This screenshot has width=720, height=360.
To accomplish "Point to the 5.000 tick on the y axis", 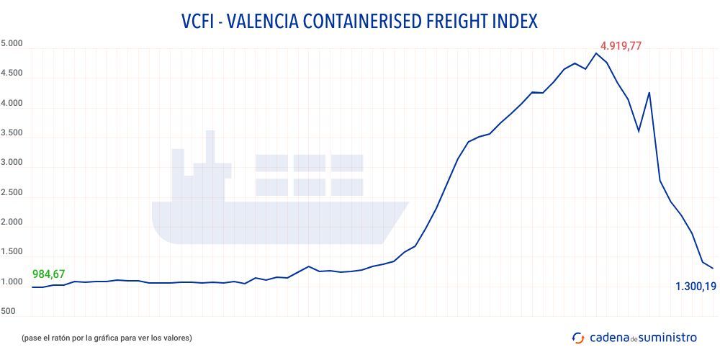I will click(12, 44).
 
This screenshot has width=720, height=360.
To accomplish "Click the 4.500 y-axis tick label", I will click(12, 73).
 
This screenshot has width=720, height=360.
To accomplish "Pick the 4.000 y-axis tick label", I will click(12, 104).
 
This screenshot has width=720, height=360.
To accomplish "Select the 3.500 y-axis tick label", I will click(12, 133).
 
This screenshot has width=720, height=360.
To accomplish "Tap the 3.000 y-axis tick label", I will click(12, 163).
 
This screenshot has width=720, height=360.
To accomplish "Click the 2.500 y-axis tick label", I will click(12, 193).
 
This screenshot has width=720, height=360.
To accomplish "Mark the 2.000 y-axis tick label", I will click(12, 222).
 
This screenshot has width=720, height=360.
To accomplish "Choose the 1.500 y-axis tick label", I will click(12, 252).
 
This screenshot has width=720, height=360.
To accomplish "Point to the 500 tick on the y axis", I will click(8, 312).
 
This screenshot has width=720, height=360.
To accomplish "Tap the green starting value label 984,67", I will click(49, 274).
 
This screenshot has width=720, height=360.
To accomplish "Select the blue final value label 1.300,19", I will click(695, 287).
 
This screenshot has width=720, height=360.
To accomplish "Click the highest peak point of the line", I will click(596, 53).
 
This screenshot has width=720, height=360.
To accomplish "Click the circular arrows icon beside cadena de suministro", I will click(577, 337).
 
